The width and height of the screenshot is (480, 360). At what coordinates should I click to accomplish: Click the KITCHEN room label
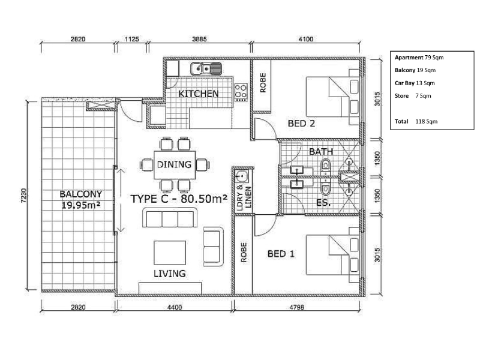(x=199, y=94)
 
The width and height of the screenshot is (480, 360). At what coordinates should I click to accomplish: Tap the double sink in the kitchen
(x=206, y=68)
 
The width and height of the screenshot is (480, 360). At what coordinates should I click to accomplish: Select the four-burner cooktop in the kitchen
(x=241, y=92)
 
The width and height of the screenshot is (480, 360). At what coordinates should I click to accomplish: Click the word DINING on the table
(x=174, y=164)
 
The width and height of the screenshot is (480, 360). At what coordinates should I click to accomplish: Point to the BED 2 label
(x=301, y=124)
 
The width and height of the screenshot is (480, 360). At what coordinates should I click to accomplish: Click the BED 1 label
(x=281, y=254)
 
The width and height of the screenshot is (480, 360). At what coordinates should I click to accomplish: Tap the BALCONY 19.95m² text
(x=81, y=199)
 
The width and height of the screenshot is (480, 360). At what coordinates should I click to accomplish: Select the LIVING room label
(x=170, y=274)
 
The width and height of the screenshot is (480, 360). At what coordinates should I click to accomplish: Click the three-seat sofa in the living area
(x=170, y=218)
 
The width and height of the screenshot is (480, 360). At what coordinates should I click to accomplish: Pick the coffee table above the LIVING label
(x=170, y=253)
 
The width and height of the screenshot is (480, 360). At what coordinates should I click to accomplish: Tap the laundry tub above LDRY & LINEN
(x=242, y=176)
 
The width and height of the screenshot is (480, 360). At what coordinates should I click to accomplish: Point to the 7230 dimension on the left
(x=23, y=196)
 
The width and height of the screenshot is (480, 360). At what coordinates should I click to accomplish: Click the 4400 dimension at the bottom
(x=175, y=307)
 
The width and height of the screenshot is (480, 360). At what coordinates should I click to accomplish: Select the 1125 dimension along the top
(x=132, y=39)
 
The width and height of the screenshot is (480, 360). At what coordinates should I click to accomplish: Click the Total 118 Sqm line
(x=416, y=121)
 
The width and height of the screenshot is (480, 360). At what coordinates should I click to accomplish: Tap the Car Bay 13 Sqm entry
(x=415, y=83)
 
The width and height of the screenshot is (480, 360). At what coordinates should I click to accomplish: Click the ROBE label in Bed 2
(x=263, y=83)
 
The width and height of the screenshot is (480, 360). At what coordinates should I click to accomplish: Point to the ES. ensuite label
(x=323, y=202)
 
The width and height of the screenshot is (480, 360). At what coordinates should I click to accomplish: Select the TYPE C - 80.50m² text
(x=179, y=199)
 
